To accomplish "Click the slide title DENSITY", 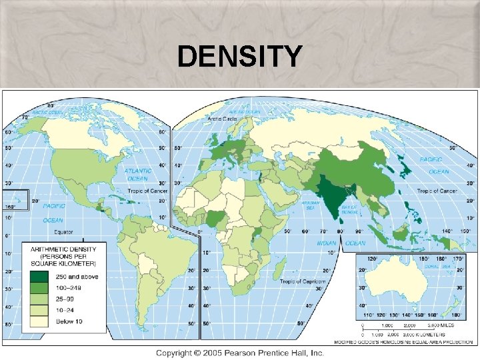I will [239, 57].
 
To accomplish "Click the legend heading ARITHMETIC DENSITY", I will [63, 249].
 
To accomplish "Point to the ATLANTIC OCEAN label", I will [137, 175].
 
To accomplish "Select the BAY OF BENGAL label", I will [351, 210].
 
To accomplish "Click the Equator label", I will [64, 232].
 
